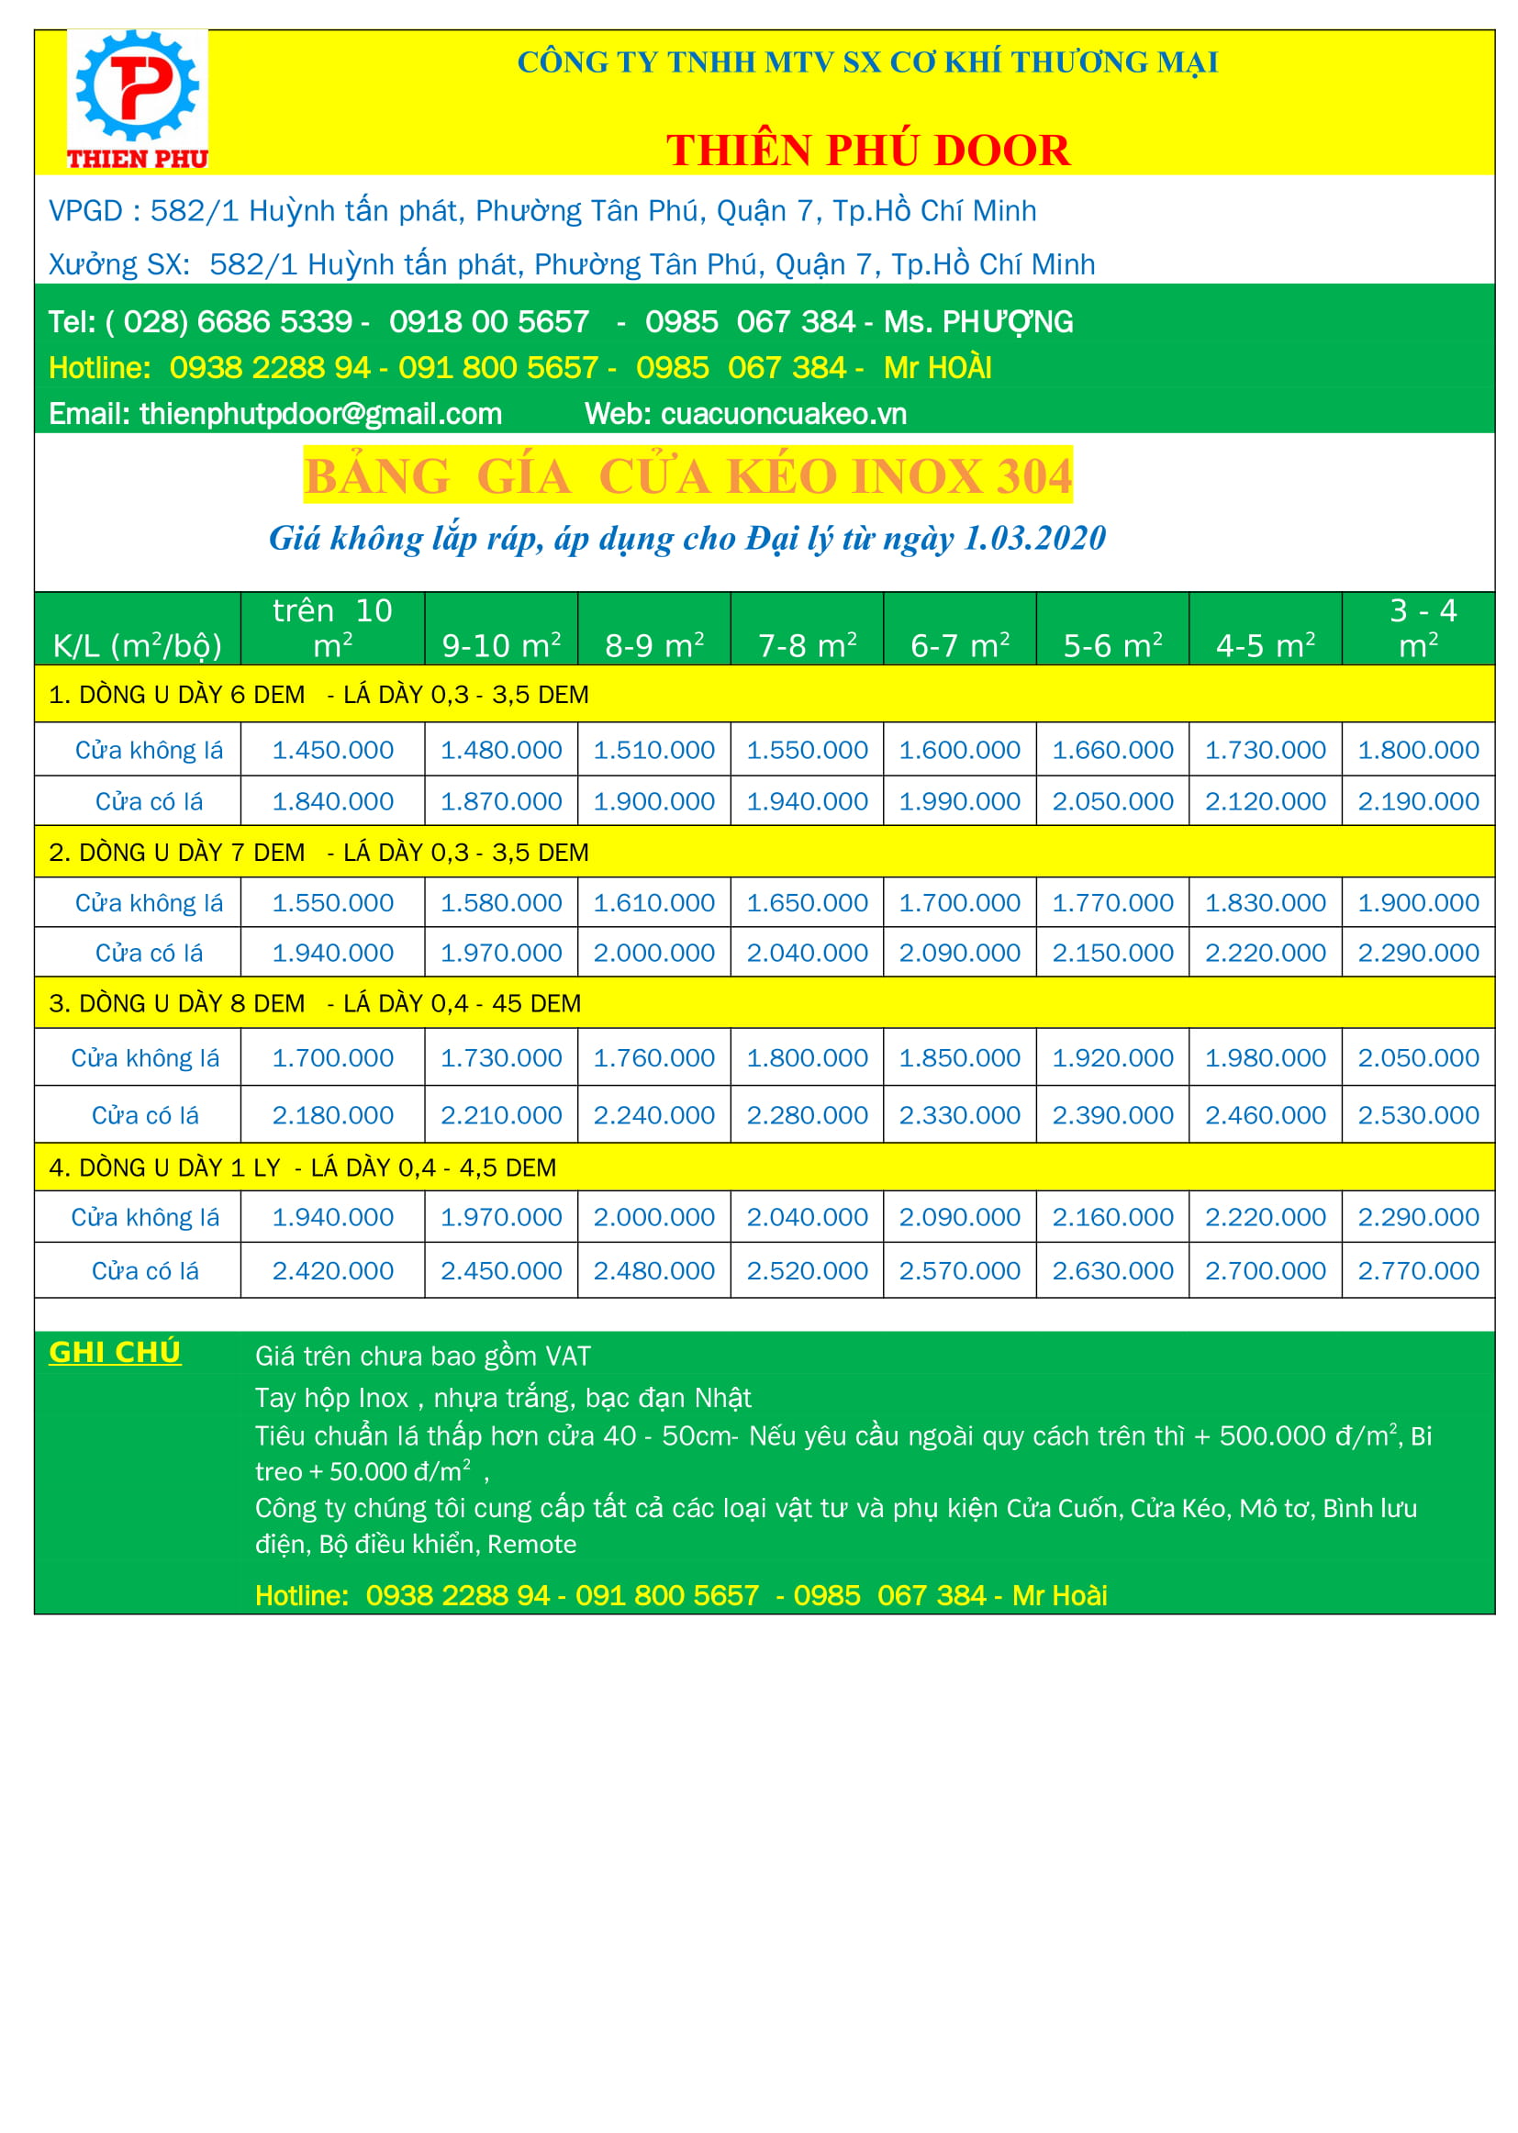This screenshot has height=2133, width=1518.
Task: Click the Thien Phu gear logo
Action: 138,99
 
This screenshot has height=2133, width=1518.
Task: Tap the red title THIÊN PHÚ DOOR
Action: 867,151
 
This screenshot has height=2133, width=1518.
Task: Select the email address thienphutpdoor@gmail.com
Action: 320,414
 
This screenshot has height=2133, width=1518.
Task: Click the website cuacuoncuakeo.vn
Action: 783,414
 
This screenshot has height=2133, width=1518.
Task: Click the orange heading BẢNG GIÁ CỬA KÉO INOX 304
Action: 688,475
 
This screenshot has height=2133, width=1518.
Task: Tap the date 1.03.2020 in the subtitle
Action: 1033,539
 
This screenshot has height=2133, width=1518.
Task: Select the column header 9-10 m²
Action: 501,645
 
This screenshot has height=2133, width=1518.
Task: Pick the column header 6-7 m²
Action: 960,645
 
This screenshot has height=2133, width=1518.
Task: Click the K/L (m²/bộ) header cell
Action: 138,645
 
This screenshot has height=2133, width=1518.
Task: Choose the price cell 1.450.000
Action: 333,750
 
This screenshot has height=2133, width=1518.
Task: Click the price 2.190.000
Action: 1418,801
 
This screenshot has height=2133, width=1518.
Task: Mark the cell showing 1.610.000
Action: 654,903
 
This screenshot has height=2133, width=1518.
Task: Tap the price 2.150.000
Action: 1112,953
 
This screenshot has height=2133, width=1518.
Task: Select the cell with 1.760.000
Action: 654,1058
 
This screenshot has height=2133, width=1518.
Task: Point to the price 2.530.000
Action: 1418,1115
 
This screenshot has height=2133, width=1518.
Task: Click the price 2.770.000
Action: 1418,1271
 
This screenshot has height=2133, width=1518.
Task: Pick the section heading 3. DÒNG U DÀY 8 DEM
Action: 178,1004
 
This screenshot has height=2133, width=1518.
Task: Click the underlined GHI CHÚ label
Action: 115,1353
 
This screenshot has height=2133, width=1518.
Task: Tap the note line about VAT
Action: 422,1357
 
